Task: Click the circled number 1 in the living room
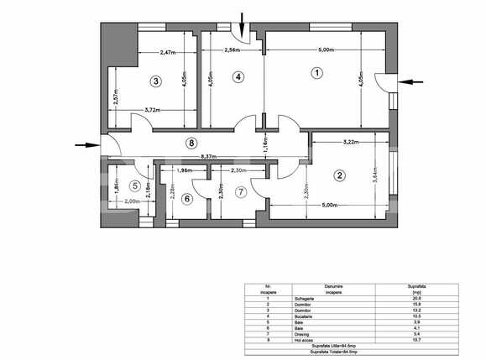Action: [316, 73]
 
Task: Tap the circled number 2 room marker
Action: [339, 175]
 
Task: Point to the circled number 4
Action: [238, 76]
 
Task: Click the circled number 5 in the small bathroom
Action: [134, 185]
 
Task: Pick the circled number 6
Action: [186, 199]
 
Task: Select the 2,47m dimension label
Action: [170, 52]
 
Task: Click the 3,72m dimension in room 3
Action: [153, 109]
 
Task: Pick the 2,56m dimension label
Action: [234, 51]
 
